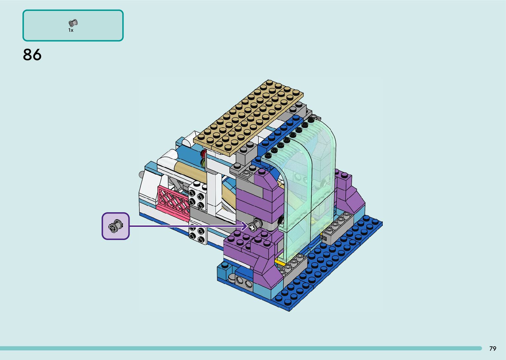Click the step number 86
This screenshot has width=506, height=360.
[x=32, y=55]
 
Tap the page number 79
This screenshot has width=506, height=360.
[x=493, y=348]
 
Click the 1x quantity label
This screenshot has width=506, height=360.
[x=71, y=30]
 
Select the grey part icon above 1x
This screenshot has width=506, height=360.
[x=73, y=23]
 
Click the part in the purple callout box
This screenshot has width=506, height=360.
[x=116, y=226]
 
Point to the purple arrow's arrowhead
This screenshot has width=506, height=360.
[x=244, y=226]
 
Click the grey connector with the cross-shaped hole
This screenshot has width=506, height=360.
[x=255, y=225]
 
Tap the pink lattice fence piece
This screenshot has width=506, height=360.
[x=174, y=203]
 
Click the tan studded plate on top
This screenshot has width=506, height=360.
[x=248, y=117]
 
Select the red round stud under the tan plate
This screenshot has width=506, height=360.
[x=204, y=153]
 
